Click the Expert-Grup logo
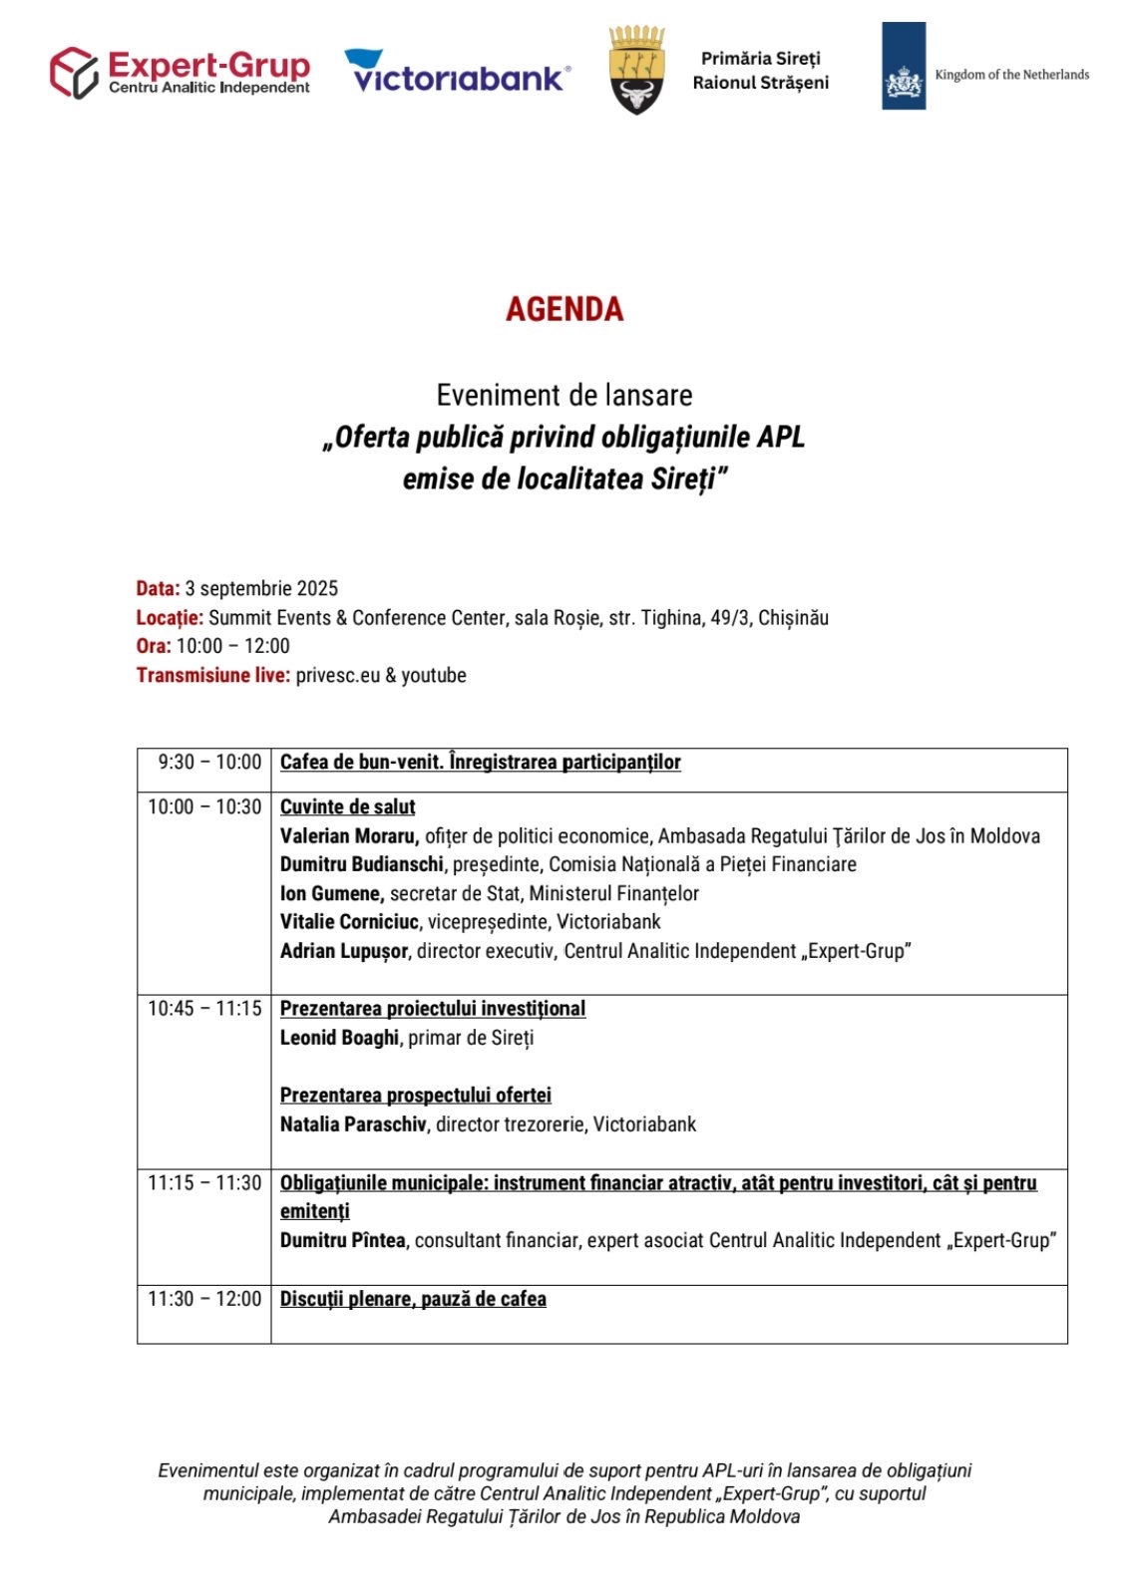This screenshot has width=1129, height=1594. pyautogui.click(x=180, y=73)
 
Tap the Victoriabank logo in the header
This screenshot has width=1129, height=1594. pyautogui.click(x=458, y=72)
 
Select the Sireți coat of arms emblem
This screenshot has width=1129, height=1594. pyautogui.click(x=636, y=71)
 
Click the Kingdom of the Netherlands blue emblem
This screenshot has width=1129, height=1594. pyautogui.click(x=903, y=66)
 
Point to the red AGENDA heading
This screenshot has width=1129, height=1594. pyautogui.click(x=564, y=309)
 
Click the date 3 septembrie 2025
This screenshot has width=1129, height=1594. pyautogui.click(x=261, y=588)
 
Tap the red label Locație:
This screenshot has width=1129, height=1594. pyautogui.click(x=170, y=617)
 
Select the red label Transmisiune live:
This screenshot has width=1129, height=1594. pyautogui.click(x=213, y=675)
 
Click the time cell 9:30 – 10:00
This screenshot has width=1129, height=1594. pyautogui.click(x=209, y=763)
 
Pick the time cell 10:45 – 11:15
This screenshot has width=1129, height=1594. pyautogui.click(x=204, y=1009)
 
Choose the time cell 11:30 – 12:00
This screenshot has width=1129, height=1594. pyautogui.click(x=204, y=1299)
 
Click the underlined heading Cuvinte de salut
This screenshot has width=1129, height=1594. pyautogui.click(x=347, y=806)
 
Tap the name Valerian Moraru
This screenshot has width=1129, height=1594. pyautogui.click(x=348, y=835)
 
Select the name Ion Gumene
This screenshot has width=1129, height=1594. pyautogui.click(x=331, y=893)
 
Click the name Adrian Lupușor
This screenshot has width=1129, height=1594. pyautogui.click(x=344, y=951)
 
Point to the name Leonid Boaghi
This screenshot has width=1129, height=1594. pyautogui.click(x=339, y=1038)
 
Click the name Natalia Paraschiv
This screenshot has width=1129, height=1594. pyautogui.click(x=354, y=1124)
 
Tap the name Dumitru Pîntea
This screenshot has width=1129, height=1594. pyautogui.click(x=343, y=1240)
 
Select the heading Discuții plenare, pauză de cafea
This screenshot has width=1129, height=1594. pyautogui.click(x=413, y=1299)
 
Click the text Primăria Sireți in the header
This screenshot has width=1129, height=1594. pyautogui.click(x=760, y=59)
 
